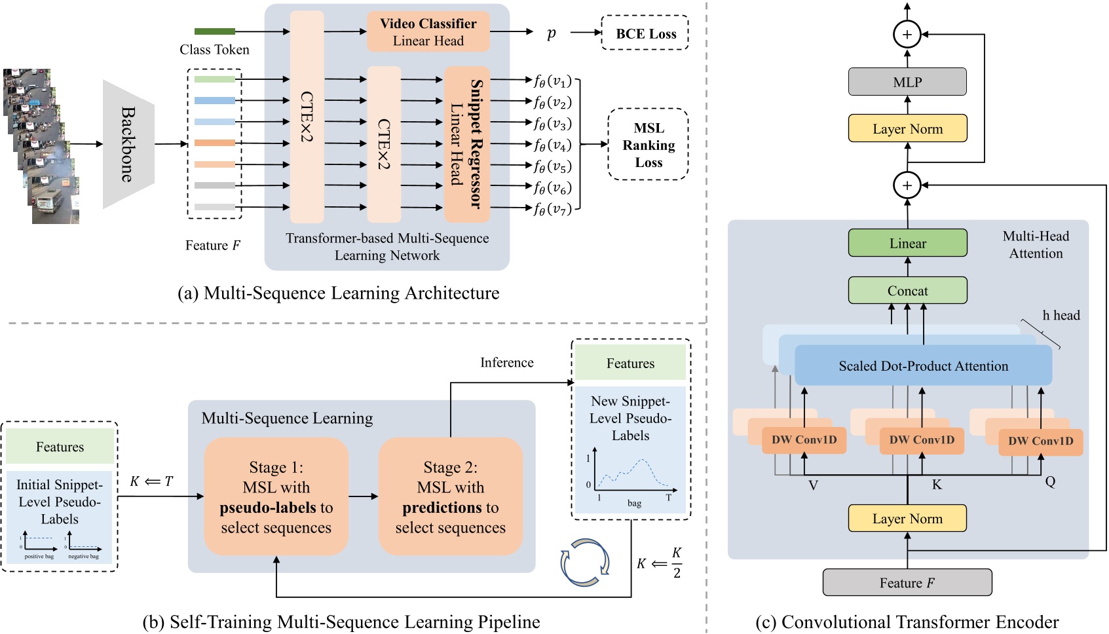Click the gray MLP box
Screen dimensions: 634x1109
point(907,82)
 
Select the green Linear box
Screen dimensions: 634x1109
point(907,243)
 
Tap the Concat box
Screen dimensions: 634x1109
point(907,290)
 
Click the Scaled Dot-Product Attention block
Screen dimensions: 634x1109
point(923,366)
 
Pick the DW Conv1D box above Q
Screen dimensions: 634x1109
point(1040,441)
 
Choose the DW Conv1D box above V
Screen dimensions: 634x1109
point(804,440)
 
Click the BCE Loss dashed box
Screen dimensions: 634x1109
point(645,33)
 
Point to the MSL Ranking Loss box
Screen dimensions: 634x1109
point(648,145)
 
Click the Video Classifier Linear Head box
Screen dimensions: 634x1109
point(428,31)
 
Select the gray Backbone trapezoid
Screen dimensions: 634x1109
point(128,144)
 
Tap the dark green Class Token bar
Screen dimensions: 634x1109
point(214,31)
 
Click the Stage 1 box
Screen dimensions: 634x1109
point(276,496)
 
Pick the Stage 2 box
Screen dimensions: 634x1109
point(450,496)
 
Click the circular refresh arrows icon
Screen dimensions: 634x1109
point(584,562)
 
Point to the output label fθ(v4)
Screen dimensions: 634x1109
point(552,145)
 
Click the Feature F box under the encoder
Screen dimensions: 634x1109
point(907,582)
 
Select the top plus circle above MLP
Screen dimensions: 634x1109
point(907,34)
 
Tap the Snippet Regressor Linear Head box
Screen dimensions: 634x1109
point(467,144)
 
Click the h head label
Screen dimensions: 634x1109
point(1061,316)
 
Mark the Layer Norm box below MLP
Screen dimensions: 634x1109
point(907,129)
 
